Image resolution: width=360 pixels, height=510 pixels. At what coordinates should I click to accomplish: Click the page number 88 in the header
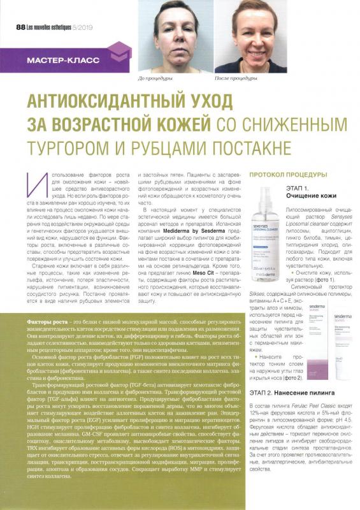(20, 27)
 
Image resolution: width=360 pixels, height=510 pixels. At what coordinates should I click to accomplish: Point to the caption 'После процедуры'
(235, 78)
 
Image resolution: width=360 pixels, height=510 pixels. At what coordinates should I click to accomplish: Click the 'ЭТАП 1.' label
(299, 189)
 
